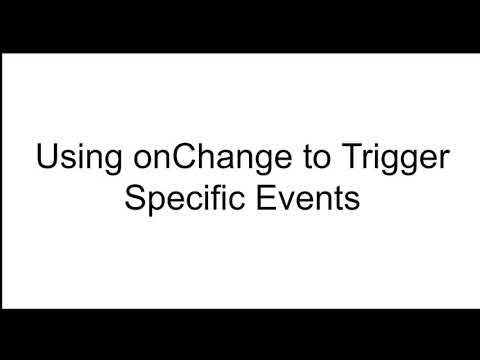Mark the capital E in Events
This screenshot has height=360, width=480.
262,197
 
